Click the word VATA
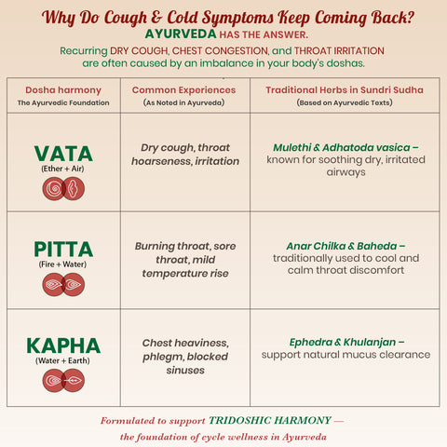coord(63,153)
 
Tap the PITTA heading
coord(63,249)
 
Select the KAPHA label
coord(63,345)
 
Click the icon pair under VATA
coord(63,189)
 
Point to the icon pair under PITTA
coord(63,284)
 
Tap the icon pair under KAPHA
coord(63,380)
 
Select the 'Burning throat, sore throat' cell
coord(184,260)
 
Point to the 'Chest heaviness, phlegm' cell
coord(184,357)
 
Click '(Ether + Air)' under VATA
coord(63,169)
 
